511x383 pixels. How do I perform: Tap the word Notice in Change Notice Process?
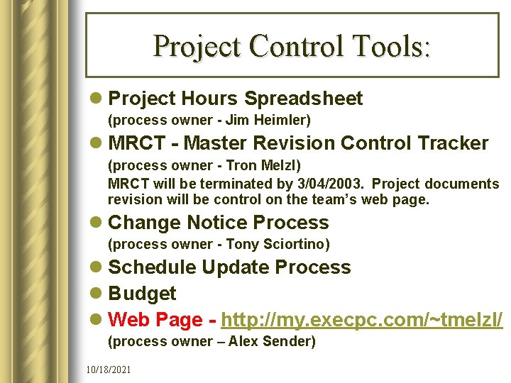click(x=219, y=223)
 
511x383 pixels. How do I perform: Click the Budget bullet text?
click(x=142, y=294)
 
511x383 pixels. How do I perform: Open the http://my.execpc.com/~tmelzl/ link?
click(x=362, y=320)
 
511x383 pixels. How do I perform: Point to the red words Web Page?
click(x=155, y=320)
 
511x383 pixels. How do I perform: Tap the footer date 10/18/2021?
click(x=108, y=370)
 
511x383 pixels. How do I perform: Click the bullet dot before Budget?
click(x=97, y=294)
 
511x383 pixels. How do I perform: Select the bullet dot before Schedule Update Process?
click(x=97, y=267)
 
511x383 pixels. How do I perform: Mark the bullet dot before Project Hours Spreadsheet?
click(x=97, y=99)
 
